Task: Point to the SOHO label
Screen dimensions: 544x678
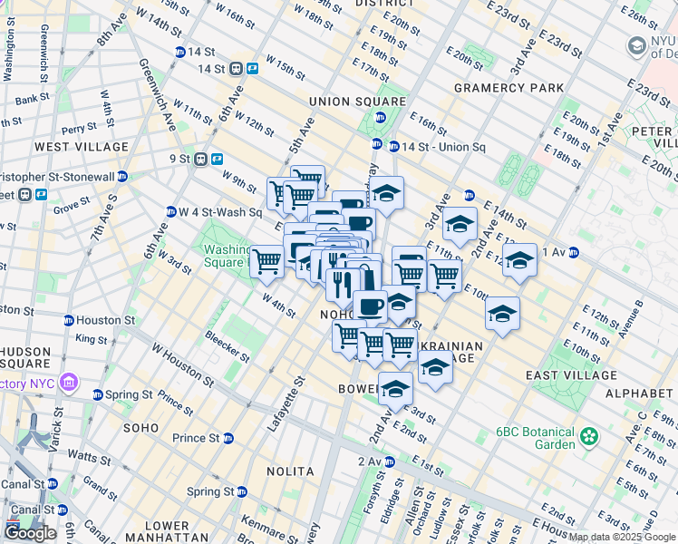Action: tap(141, 427)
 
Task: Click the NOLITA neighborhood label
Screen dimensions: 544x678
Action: tap(290, 471)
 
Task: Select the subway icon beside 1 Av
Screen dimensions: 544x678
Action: tap(574, 253)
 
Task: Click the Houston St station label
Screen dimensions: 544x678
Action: tap(105, 320)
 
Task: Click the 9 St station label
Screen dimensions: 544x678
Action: tap(192, 159)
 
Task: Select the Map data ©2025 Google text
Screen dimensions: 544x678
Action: tap(622, 537)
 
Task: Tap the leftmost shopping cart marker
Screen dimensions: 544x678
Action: tap(266, 262)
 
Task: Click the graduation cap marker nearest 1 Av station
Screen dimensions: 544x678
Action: tap(519, 260)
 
